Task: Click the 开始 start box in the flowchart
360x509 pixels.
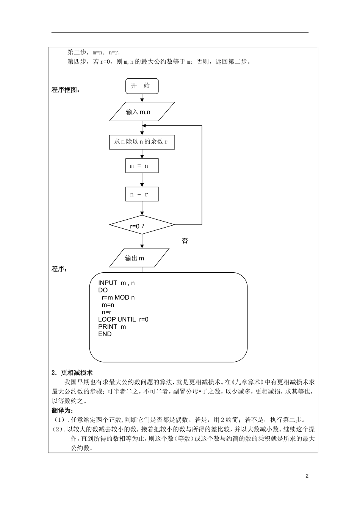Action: click(x=142, y=86)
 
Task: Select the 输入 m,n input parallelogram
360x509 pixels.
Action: click(x=142, y=112)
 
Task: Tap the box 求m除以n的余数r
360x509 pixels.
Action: click(x=142, y=142)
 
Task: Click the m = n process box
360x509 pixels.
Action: click(x=142, y=166)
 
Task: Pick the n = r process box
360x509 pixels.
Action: click(x=142, y=194)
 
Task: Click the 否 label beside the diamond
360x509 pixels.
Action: click(x=185, y=241)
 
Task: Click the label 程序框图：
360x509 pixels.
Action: click(x=66, y=90)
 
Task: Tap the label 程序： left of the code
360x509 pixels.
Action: click(x=59, y=269)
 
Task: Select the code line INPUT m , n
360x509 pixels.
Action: click(x=116, y=283)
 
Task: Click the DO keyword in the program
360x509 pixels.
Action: click(x=103, y=290)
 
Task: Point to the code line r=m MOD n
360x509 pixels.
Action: click(x=118, y=297)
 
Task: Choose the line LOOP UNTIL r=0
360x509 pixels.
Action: click(x=123, y=319)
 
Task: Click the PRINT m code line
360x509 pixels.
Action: click(x=112, y=326)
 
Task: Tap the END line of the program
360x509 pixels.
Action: click(x=105, y=334)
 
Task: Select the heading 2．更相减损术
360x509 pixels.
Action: click(x=72, y=373)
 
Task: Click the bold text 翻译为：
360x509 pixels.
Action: click(x=63, y=411)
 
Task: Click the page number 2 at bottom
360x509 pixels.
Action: click(x=307, y=476)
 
